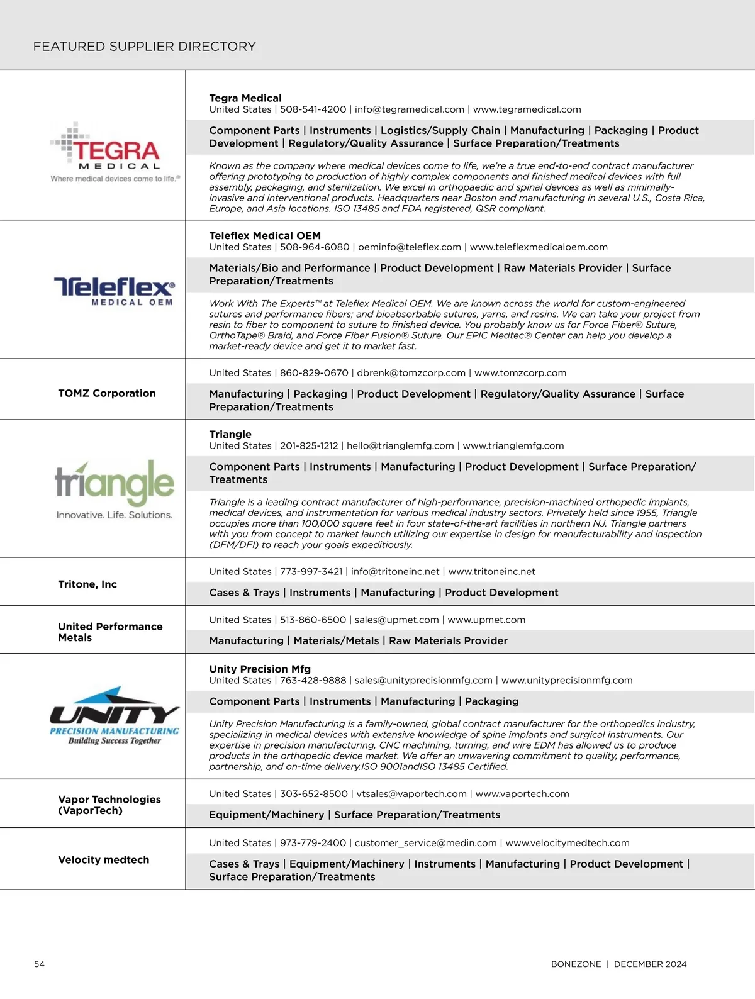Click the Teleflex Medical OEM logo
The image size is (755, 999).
pyautogui.click(x=115, y=291)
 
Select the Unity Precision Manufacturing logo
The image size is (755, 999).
pyautogui.click(x=115, y=716)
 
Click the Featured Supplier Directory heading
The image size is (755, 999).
pyautogui.click(x=145, y=47)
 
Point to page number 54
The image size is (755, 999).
pyautogui.click(x=39, y=964)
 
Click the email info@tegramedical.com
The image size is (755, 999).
pyautogui.click(x=410, y=109)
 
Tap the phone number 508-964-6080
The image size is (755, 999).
pyautogui.click(x=315, y=247)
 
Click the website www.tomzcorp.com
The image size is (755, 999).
pyautogui.click(x=520, y=373)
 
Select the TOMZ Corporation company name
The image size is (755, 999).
pyautogui.click(x=107, y=393)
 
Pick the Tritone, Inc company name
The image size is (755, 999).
pyautogui.click(x=87, y=584)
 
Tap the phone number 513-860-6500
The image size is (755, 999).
pyautogui.click(x=313, y=620)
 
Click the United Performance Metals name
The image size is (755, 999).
pyautogui.click(x=110, y=632)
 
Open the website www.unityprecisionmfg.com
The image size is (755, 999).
pyautogui.click(x=567, y=681)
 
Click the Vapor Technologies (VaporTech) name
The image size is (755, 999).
pyautogui.click(x=109, y=805)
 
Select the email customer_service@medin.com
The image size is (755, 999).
pyautogui.click(x=426, y=843)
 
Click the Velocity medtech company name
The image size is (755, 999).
pyautogui.click(x=104, y=860)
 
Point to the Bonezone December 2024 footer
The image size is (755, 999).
pyautogui.click(x=618, y=964)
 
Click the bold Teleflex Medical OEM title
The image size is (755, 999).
pyautogui.click(x=265, y=236)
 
